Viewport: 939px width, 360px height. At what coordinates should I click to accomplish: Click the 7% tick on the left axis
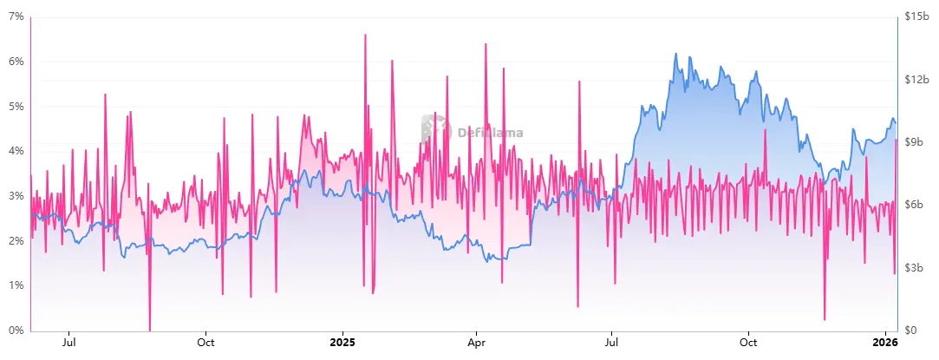(16, 16)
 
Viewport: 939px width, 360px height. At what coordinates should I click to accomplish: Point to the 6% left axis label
(16, 62)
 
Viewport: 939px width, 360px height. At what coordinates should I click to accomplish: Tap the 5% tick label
(16, 107)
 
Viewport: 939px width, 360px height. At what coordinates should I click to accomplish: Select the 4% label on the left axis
(16, 151)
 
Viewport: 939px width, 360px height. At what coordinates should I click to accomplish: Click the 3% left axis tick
(16, 196)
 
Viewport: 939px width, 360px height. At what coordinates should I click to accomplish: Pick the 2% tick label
(16, 241)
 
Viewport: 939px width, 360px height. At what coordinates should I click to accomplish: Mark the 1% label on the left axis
(16, 285)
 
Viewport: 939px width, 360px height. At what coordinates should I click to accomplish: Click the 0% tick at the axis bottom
(16, 331)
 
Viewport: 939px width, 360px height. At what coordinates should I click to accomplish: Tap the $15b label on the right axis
(916, 16)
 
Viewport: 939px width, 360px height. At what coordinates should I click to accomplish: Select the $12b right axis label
(916, 79)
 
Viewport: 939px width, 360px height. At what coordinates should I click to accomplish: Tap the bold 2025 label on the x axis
(342, 342)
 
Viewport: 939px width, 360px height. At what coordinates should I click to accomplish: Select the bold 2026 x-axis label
(884, 342)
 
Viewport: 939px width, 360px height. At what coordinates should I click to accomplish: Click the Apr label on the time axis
(475, 342)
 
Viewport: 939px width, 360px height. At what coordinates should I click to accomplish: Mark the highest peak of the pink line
(365, 35)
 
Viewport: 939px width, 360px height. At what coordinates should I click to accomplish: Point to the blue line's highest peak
(675, 54)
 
